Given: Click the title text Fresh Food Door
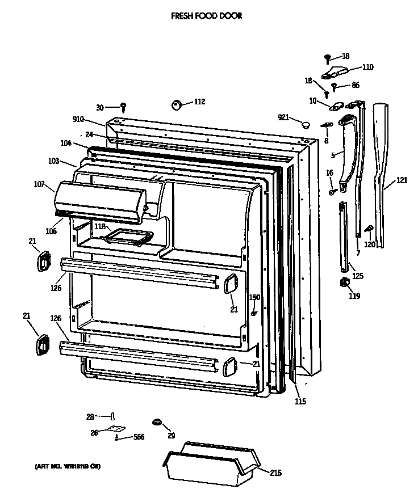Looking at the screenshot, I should click(206, 16).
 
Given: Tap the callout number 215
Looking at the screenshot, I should click(275, 473).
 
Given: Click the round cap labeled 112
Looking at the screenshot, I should click(176, 104).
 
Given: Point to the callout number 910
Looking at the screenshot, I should click(78, 119).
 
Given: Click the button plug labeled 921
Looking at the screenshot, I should click(306, 124).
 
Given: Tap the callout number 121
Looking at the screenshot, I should click(402, 180).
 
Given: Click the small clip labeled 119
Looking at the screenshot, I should click(344, 282).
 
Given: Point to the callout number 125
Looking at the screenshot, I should click(358, 276).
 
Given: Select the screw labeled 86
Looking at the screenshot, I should click(335, 87).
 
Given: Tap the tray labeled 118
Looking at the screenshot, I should click(129, 237).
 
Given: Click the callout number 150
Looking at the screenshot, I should click(254, 297).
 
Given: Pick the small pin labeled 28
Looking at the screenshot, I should click(112, 417).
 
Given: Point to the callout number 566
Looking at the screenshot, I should click(139, 437).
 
